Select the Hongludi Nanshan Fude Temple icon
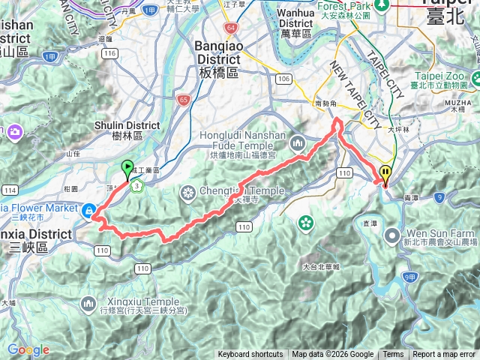coord(297,142)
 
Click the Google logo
coord(28,349)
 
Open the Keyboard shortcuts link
coord(250,355)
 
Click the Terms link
coord(393,355)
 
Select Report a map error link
coord(444,355)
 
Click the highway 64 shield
coord(230,28)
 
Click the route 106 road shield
coord(283,79)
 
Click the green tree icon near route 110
coord(305,222)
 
